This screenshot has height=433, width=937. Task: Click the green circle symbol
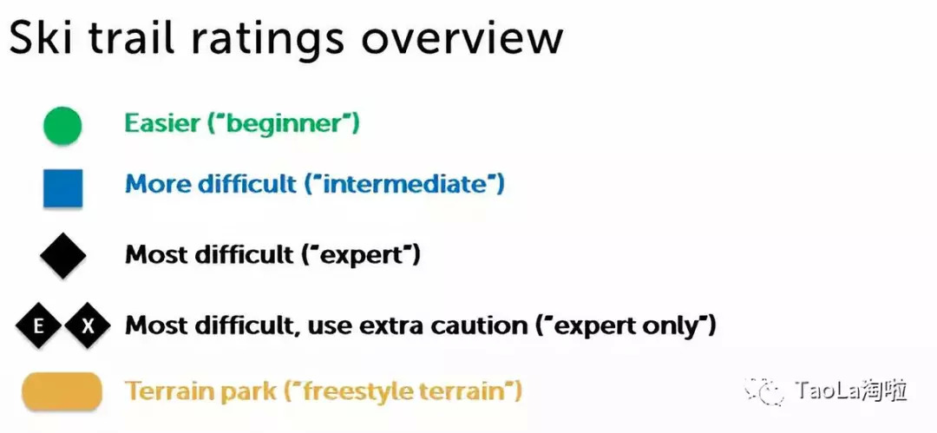tap(62, 126)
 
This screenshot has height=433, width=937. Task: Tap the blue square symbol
tap(62, 187)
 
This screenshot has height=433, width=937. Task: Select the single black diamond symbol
tap(62, 255)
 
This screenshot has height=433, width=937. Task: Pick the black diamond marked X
tap(88, 326)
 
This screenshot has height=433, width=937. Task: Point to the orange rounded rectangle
tap(62, 391)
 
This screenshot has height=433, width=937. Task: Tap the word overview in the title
tap(462, 39)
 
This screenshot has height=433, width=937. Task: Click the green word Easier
tap(162, 123)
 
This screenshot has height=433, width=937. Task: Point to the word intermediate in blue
tap(404, 184)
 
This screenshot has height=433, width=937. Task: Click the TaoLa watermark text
tap(850, 391)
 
